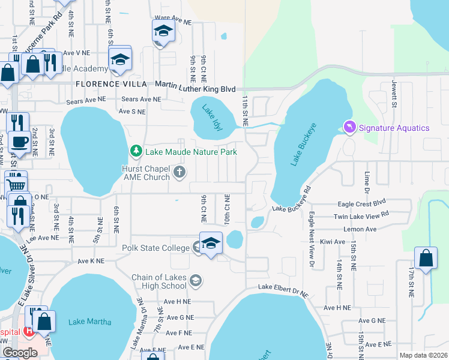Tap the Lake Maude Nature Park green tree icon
(137, 152)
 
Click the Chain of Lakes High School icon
(195, 280)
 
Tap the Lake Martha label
(89, 322)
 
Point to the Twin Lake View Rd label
(361, 215)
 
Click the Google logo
(20, 353)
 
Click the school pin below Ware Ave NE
(163, 32)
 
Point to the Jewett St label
(394, 94)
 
